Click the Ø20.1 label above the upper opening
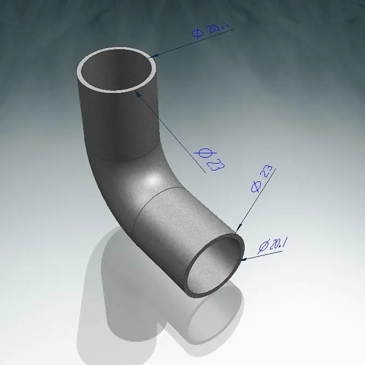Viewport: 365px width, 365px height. (210, 30)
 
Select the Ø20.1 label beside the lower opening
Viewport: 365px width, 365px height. (273, 245)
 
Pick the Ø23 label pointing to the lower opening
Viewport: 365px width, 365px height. (261, 179)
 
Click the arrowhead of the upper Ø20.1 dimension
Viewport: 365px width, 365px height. (154, 56)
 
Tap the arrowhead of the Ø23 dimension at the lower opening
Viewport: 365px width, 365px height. (239, 228)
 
